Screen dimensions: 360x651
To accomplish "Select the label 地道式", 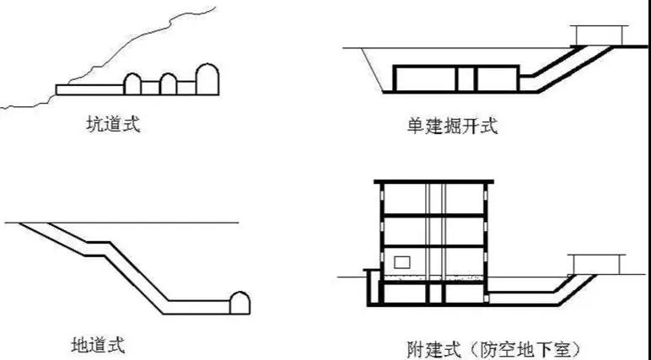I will pos(98,344).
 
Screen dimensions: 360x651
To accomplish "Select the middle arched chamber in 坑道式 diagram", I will pos(169,83).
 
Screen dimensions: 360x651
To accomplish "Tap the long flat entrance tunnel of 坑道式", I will pos(89,89).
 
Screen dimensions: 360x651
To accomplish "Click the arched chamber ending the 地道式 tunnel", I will pos(240,302).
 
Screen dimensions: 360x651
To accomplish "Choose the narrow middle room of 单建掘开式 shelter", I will pos(466,78).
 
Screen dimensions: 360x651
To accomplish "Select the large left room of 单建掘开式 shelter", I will pos(424,78).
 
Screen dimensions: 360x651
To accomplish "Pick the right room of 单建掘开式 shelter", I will pos(497,78).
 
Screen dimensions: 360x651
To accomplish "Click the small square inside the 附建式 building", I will pos(402,262).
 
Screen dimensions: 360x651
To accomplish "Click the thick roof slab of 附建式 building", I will pos(433,183).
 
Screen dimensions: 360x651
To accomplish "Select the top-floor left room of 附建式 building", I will pos(403,200).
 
